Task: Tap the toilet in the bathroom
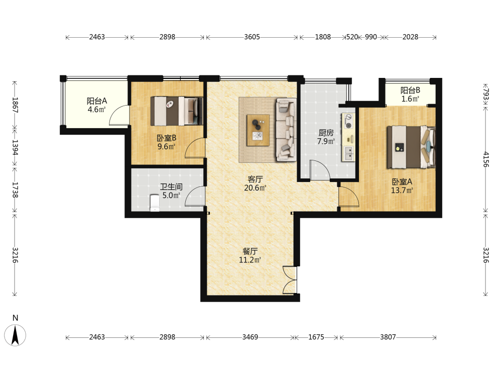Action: (155, 203)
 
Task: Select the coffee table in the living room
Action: (258, 130)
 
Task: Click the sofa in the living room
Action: (286, 129)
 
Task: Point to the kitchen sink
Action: (349, 154)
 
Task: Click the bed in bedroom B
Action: (177, 111)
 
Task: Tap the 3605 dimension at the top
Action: (252, 37)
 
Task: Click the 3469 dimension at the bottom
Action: (250, 337)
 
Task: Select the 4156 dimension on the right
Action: (486, 159)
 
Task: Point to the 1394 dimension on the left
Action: (15, 147)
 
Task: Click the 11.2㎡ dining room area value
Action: (250, 260)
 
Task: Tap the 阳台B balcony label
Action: (410, 90)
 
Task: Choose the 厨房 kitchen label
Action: (326, 133)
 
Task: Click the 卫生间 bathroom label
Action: (171, 187)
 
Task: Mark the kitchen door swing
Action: (320, 169)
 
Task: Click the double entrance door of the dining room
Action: (290, 279)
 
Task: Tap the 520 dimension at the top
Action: (352, 37)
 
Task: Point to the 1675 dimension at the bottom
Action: (316, 337)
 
